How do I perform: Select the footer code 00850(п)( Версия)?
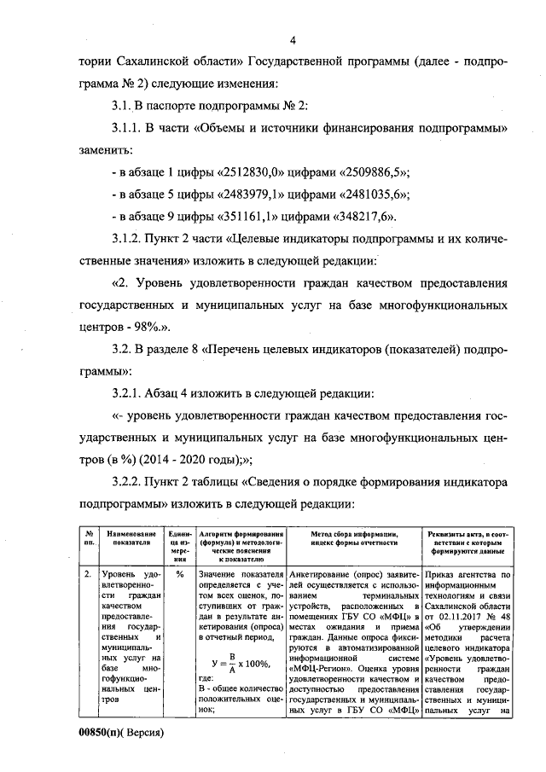120,732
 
